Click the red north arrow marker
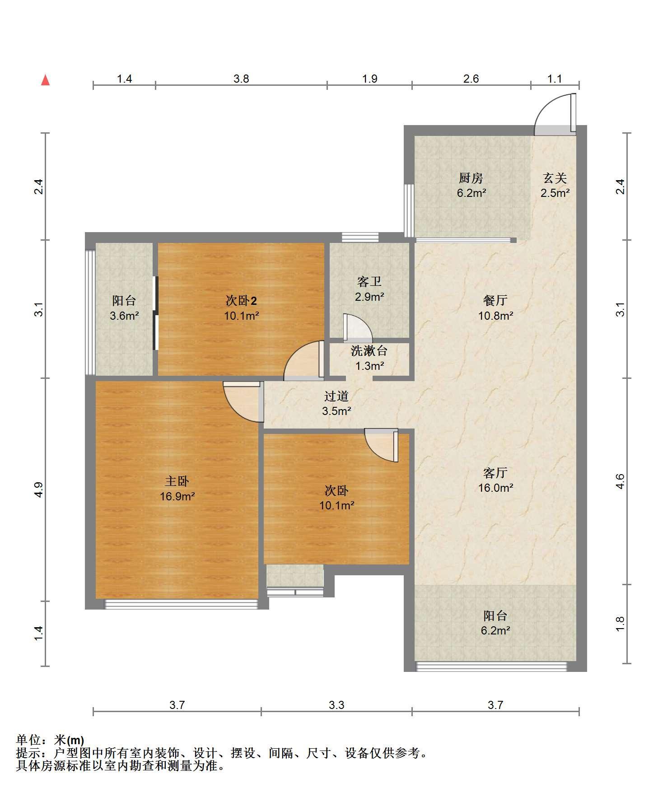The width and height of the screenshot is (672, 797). [45, 80]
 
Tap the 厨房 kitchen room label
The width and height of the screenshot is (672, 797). [471, 178]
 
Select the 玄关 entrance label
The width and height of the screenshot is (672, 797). [555, 178]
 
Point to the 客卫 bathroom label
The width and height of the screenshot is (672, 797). [369, 282]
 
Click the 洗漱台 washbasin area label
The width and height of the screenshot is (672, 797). [369, 350]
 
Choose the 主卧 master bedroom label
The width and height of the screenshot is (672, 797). [177, 481]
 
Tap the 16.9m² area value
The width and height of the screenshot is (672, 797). [177, 497]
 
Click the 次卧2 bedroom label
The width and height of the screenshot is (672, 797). [242, 300]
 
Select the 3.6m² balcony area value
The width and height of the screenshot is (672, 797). [124, 316]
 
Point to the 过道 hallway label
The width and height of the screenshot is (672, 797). [336, 396]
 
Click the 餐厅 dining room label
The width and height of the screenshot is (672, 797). [495, 300]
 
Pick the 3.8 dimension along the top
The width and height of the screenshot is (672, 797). [241, 79]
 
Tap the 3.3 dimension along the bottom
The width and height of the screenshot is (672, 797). [336, 705]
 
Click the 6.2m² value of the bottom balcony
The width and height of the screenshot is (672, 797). [495, 631]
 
